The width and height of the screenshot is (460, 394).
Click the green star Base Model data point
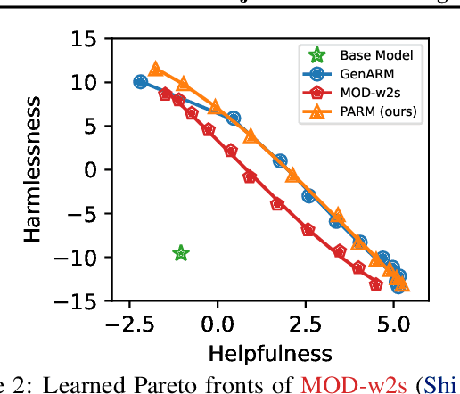click(181, 254)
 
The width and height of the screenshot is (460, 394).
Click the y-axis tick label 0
click(91, 169)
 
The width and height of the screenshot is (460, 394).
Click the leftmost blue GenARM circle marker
click(141, 81)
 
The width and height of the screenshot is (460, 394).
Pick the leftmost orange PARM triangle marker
click(156, 70)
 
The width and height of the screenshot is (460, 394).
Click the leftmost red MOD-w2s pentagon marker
click(165, 94)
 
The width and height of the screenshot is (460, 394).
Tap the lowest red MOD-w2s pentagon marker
click(376, 285)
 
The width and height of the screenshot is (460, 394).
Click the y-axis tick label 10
click(84, 82)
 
